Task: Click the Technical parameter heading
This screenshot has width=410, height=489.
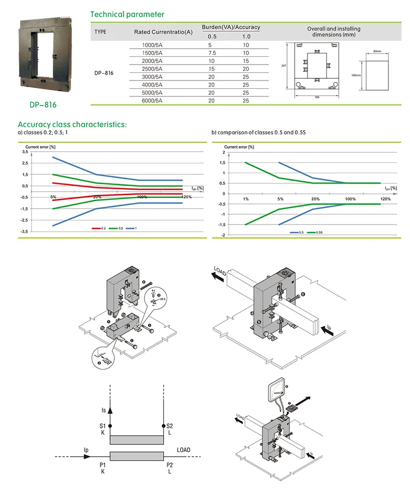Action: click(127, 14)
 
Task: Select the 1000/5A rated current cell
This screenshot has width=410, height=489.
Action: click(152, 46)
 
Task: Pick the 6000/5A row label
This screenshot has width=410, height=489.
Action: click(152, 100)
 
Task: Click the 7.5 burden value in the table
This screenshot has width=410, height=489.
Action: click(212, 53)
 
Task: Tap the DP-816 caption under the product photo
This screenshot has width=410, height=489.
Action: click(43, 105)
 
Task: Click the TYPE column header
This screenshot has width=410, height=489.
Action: click(100, 32)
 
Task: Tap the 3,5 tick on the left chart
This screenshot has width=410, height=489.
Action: click(25, 152)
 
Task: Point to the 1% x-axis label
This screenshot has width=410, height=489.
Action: click(245, 199)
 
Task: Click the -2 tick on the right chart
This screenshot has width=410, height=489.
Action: click(223, 235)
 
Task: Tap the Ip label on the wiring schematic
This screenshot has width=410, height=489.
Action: click(86, 450)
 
